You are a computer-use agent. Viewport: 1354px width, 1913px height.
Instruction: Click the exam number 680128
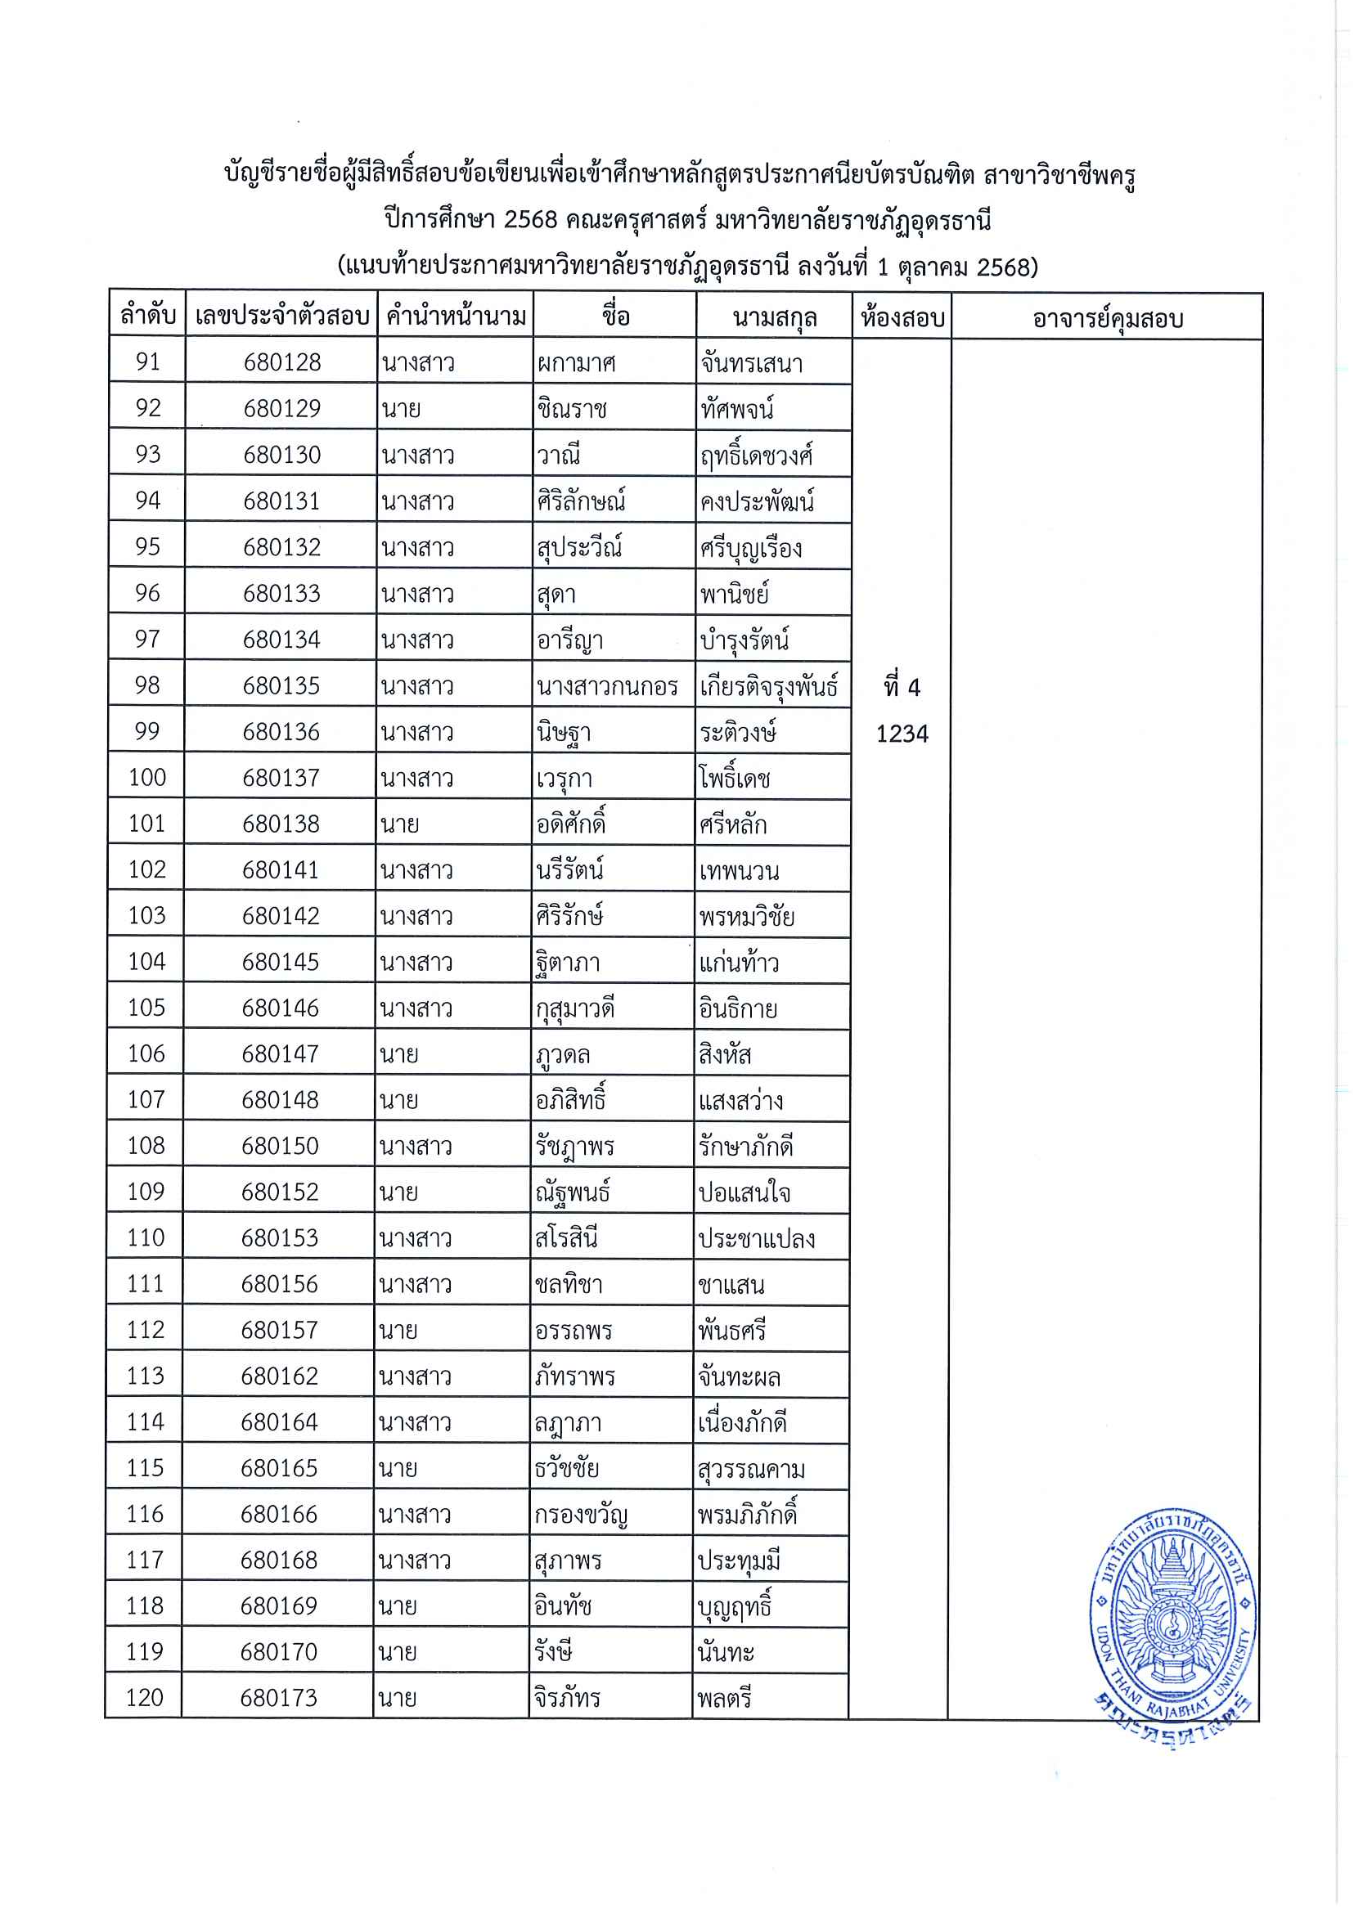point(281,361)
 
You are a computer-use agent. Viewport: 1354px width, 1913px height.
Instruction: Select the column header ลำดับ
point(147,316)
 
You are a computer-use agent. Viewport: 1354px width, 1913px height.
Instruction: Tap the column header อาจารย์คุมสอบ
point(1107,317)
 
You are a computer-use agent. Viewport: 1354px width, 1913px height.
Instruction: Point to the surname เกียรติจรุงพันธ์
point(769,686)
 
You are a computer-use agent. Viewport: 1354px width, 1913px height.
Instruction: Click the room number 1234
point(902,734)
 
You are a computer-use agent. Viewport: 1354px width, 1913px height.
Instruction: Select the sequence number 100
point(146,778)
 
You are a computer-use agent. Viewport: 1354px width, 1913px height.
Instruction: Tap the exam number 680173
point(278,1698)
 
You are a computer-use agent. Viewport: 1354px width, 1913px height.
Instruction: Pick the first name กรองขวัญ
point(580,1515)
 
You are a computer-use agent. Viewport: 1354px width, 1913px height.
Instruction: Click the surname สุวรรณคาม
point(751,1469)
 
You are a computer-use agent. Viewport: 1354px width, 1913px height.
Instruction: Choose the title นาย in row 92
point(401,408)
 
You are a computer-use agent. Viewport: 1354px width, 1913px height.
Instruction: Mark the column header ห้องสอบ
point(902,317)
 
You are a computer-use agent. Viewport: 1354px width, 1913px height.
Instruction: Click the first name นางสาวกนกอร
point(607,686)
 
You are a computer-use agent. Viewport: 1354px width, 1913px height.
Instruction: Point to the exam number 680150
point(280,1145)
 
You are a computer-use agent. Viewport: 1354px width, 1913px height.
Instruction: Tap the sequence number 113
point(145,1376)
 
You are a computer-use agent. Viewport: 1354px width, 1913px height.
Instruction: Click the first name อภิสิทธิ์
point(570,1100)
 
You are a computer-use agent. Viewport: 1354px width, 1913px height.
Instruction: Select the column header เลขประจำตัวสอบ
point(281,316)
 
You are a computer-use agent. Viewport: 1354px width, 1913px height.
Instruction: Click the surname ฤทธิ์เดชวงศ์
point(755,455)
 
